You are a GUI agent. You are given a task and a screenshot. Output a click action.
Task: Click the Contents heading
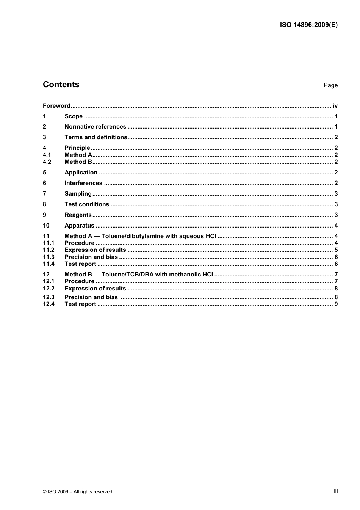61,85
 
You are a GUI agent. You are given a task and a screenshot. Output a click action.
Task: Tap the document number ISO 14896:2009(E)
308,25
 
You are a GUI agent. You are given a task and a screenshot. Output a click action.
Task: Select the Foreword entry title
56,106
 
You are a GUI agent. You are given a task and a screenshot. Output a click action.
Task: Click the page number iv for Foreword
335,106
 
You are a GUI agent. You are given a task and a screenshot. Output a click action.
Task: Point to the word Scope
74,116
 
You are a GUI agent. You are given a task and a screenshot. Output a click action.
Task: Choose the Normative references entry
95,127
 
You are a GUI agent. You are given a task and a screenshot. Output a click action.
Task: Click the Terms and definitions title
96,137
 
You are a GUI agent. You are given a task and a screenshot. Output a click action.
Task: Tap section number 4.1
47,155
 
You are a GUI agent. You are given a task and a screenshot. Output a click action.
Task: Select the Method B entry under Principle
78,162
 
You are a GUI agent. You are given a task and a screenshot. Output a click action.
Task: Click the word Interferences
83,183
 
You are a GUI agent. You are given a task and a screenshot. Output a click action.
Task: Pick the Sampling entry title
78,194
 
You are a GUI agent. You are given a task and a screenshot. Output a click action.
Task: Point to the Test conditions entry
87,204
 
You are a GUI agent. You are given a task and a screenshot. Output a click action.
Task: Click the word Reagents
78,215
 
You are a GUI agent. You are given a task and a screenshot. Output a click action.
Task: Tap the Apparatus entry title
79,226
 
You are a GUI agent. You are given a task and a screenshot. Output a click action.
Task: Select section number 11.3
49,257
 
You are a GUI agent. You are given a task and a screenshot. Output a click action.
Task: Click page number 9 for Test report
336,304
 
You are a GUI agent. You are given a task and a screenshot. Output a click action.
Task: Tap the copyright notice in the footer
77,492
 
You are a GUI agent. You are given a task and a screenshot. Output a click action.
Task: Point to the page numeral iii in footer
336,491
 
